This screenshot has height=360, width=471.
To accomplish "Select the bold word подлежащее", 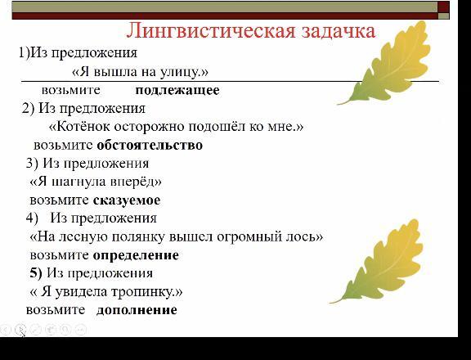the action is (177, 91).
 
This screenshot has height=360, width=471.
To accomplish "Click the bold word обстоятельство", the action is (150, 145).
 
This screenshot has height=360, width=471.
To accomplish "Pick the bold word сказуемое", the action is (127, 200).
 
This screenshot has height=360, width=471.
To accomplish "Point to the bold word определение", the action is (136, 255).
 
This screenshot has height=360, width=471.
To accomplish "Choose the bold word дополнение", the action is (137, 310).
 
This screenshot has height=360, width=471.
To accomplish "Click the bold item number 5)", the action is (36, 272).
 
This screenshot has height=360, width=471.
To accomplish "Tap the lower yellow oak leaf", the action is (379, 262).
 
